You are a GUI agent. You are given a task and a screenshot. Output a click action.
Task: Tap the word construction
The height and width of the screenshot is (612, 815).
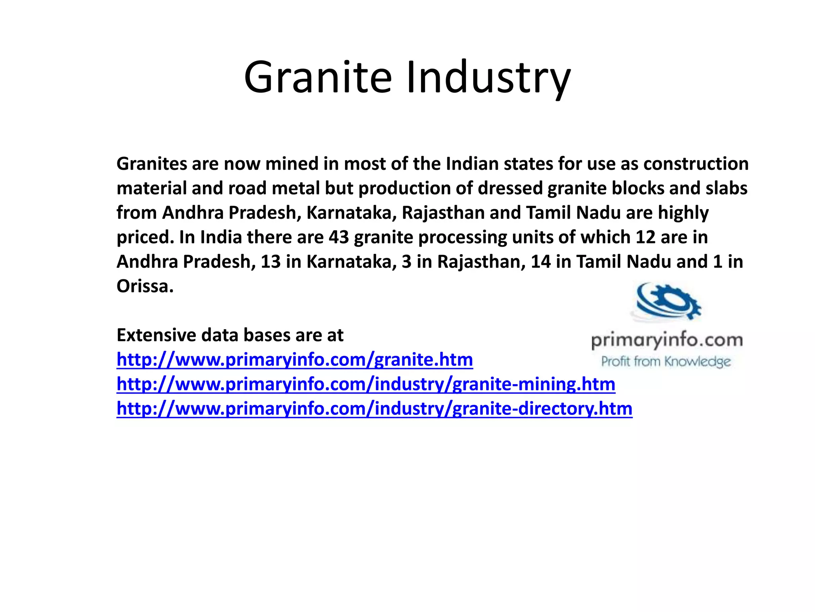coord(696,164)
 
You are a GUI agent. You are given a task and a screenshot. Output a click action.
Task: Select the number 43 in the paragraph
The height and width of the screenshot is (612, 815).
coord(339,237)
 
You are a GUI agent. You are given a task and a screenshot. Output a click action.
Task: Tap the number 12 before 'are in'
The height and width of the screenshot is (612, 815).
coord(645,237)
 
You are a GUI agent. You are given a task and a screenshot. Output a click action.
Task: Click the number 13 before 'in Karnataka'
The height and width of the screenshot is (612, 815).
coord(271,262)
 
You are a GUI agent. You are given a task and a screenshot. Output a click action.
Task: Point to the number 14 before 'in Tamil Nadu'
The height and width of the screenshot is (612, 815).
coord(541,262)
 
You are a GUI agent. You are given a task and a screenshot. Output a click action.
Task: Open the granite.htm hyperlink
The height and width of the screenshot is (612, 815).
coord(294,360)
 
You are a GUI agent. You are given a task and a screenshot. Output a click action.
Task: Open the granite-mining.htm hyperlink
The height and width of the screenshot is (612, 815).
coord(366,384)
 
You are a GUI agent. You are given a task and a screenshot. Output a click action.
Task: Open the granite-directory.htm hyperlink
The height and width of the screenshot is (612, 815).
coord(374,409)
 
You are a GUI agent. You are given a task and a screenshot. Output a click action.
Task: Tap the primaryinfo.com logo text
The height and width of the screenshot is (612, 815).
coord(667,341)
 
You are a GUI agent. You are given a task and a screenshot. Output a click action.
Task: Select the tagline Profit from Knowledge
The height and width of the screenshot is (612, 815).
coord(666,362)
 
